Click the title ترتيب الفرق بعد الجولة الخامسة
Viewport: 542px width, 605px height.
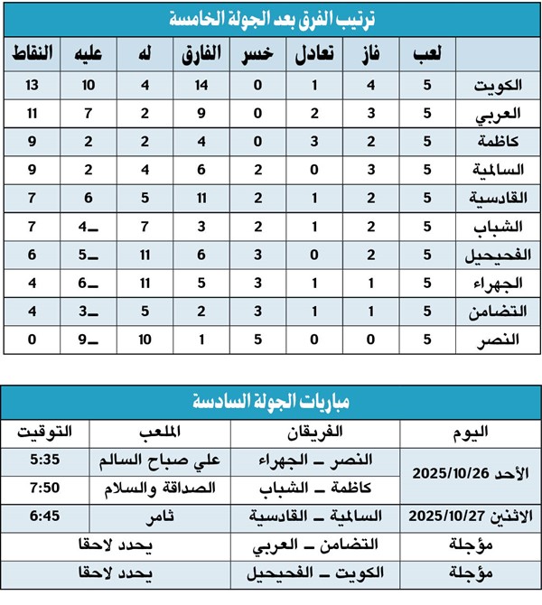click(272, 18)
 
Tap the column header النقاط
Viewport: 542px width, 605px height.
click(33, 55)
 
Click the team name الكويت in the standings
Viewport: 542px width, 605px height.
click(498, 87)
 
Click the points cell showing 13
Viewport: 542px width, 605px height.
click(33, 87)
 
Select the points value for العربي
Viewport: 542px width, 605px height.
click(33, 115)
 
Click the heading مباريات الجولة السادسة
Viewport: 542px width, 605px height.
click(272, 401)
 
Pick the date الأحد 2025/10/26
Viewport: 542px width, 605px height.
click(474, 473)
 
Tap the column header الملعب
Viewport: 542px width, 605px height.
click(161, 432)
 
